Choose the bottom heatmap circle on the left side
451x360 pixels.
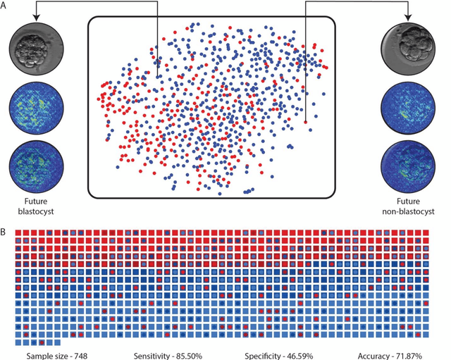(32, 162)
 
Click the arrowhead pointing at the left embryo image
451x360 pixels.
(33, 22)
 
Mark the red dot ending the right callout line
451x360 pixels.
(306, 123)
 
